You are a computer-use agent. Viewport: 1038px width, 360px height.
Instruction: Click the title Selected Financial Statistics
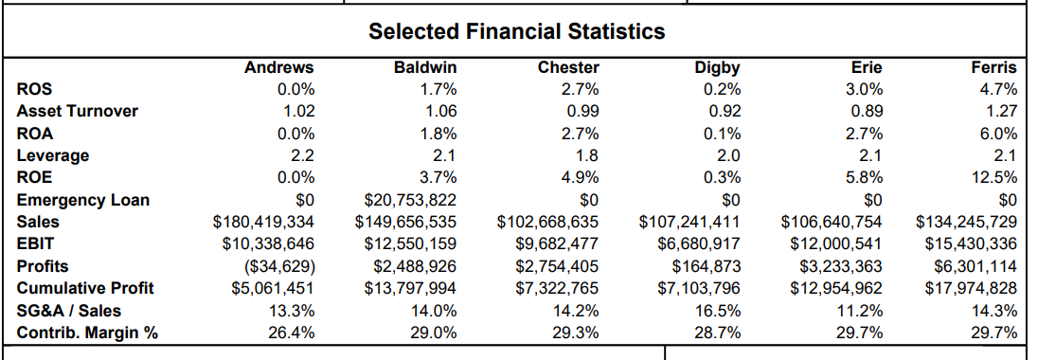(516, 31)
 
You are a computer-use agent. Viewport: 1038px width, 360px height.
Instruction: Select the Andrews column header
(278, 67)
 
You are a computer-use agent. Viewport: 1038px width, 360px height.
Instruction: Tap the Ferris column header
(993, 67)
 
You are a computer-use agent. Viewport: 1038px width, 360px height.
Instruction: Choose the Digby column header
(717, 67)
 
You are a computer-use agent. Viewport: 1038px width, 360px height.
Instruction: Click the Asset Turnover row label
(78, 111)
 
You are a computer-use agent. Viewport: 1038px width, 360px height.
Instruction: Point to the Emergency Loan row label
(83, 200)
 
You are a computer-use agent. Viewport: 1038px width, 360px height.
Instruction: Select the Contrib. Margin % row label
(87, 333)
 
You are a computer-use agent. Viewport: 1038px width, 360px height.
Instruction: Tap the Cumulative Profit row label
(85, 288)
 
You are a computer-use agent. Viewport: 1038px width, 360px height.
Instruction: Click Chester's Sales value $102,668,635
(547, 222)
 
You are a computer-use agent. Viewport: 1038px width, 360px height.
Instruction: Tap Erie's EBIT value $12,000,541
(836, 243)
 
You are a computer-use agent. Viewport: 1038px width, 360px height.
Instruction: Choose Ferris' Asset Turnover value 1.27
(1001, 111)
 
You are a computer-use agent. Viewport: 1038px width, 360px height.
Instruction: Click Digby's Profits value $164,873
(706, 266)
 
